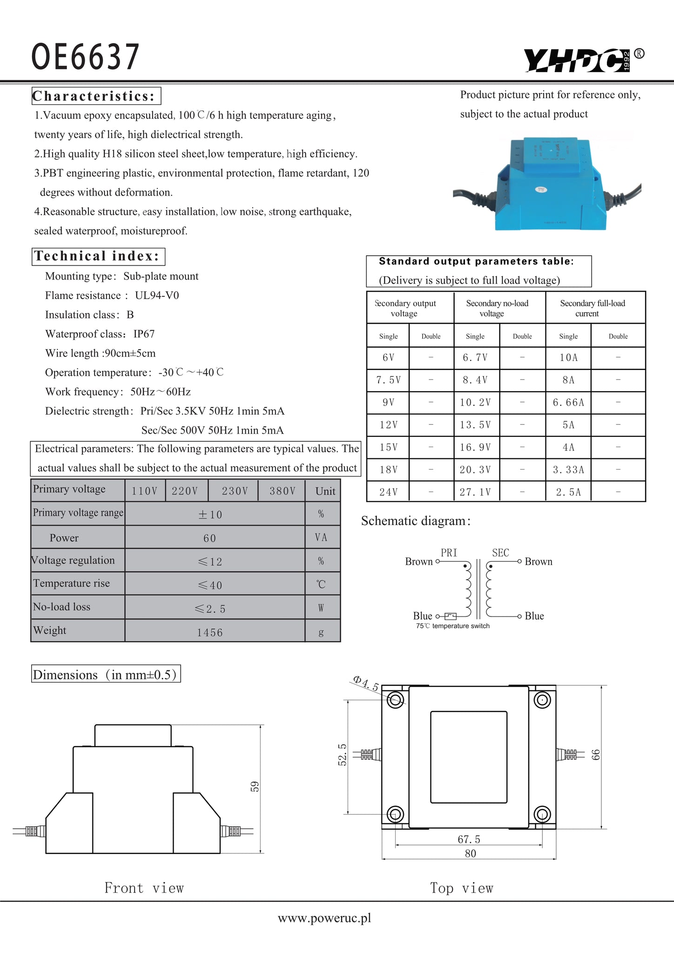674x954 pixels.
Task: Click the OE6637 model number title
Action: [85, 57]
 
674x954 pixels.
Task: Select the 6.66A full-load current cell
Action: [568, 402]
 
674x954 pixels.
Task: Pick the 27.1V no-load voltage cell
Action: [475, 492]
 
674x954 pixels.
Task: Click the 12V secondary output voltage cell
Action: [388, 425]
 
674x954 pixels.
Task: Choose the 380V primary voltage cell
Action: [282, 491]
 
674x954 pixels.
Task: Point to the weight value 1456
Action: [210, 633]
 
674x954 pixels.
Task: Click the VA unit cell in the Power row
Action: [321, 538]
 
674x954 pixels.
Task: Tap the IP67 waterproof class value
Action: [144, 334]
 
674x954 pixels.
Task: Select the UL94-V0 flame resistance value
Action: [157, 295]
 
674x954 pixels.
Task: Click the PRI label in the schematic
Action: [449, 553]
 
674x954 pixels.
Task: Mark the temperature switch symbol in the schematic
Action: [450, 616]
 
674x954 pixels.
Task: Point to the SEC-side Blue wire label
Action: [534, 616]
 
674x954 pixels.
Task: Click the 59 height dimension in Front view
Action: [255, 786]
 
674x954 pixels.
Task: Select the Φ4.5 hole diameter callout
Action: [366, 683]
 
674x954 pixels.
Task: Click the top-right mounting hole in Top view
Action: [542, 700]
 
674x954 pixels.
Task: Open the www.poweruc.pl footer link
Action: [324, 918]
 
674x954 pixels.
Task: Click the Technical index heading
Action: [98, 256]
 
